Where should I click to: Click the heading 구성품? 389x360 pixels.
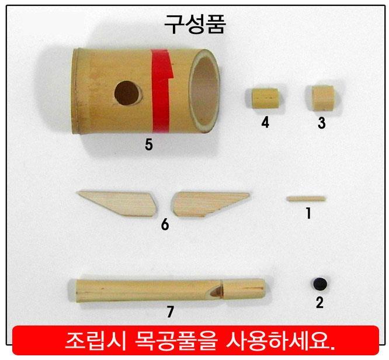[x=195, y=24]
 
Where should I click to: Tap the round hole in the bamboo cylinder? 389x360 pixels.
[x=127, y=93]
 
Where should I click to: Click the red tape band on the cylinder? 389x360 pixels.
[x=162, y=91]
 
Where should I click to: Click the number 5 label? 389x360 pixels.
[x=148, y=144]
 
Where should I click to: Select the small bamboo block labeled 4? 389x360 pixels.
[x=265, y=98]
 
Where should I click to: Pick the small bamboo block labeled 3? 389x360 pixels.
[x=322, y=98]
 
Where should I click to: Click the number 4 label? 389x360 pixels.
[x=265, y=122]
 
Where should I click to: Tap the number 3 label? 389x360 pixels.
[x=322, y=123]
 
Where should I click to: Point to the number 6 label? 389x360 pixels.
[x=165, y=224]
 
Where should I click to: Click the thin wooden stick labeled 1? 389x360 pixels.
[x=305, y=199]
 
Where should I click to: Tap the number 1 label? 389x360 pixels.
[x=308, y=213]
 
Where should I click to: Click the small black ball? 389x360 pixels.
[x=319, y=284]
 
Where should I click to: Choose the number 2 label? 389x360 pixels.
[x=319, y=302]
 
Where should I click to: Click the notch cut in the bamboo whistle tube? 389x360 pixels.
[x=216, y=291]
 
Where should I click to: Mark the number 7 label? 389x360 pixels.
[x=170, y=311]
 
